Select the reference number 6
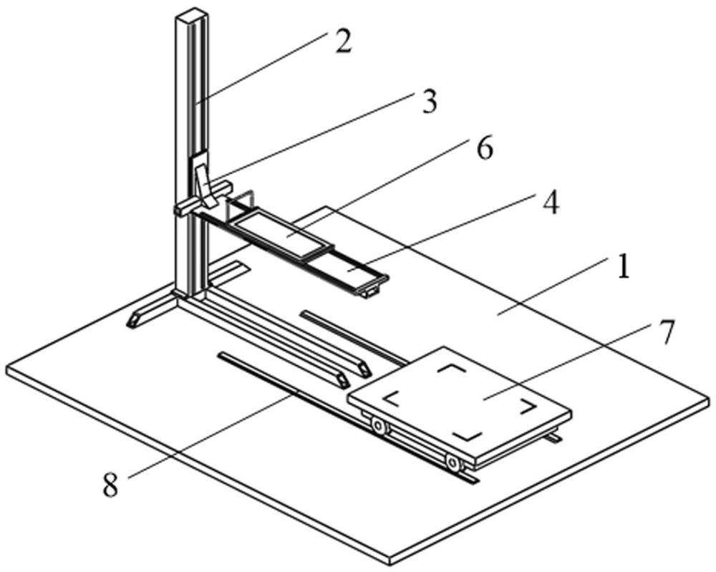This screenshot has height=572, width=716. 485,151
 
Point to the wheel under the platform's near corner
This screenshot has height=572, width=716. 453,464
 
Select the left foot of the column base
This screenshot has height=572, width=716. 136,319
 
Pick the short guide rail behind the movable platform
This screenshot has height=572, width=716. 351,332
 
